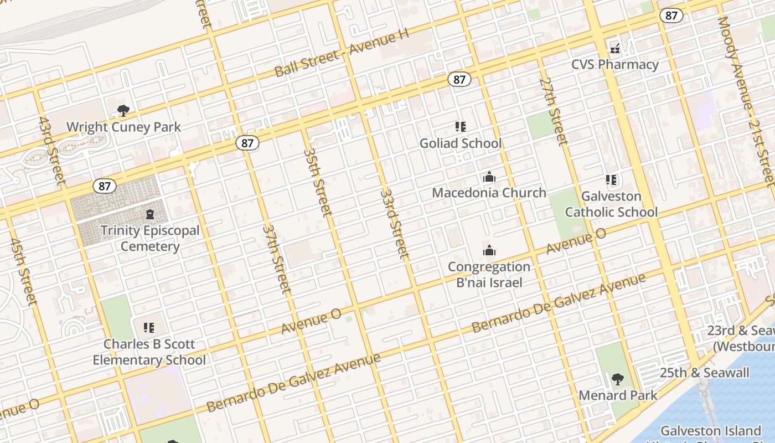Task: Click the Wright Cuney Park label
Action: point(123,127)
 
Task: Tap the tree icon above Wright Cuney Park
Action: point(123,111)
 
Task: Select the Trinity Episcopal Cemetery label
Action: point(150,238)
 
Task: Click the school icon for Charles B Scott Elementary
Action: point(149,328)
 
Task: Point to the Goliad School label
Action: point(461,143)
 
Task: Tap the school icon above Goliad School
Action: point(461,127)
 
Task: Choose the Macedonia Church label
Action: point(489,193)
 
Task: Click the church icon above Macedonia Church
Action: point(489,177)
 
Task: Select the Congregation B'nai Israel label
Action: point(489,274)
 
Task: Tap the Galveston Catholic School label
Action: point(611,204)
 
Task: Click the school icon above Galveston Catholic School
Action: point(611,180)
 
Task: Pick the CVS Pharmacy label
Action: point(615,64)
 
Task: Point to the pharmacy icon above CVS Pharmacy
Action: point(615,48)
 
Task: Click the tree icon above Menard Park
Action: point(618,379)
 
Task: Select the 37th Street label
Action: point(276,258)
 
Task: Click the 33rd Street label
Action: point(395,224)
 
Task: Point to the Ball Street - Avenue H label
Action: point(342,53)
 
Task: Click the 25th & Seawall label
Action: point(704,373)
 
